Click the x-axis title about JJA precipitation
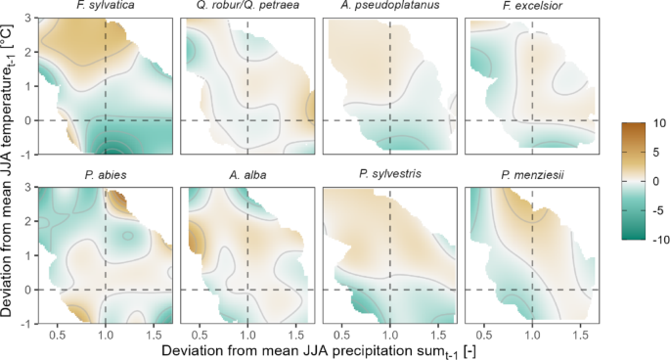click(318, 349)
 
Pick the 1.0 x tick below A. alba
click(246, 333)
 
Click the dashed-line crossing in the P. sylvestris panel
click(389, 290)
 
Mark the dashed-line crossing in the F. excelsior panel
click(531, 120)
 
